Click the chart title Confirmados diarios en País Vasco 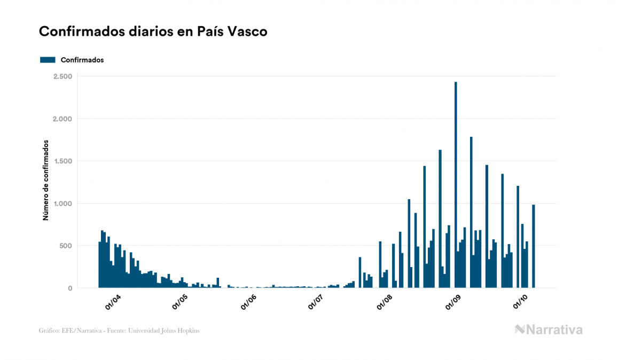click(153, 32)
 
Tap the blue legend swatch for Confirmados click(48, 60)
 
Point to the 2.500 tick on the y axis click(62, 76)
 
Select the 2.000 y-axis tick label click(62, 119)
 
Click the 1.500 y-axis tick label click(62, 161)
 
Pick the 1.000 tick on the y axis click(62, 204)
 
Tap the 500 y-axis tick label click(66, 246)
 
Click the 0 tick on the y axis click(70, 288)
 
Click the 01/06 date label click(249, 302)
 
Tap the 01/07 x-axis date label click(317, 302)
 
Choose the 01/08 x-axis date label click(386, 302)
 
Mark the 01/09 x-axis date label click(454, 302)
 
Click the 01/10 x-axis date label click(521, 302)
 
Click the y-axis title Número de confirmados click(46, 181)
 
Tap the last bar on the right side click(533, 246)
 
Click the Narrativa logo click(549, 330)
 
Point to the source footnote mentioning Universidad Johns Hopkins click(119, 331)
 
